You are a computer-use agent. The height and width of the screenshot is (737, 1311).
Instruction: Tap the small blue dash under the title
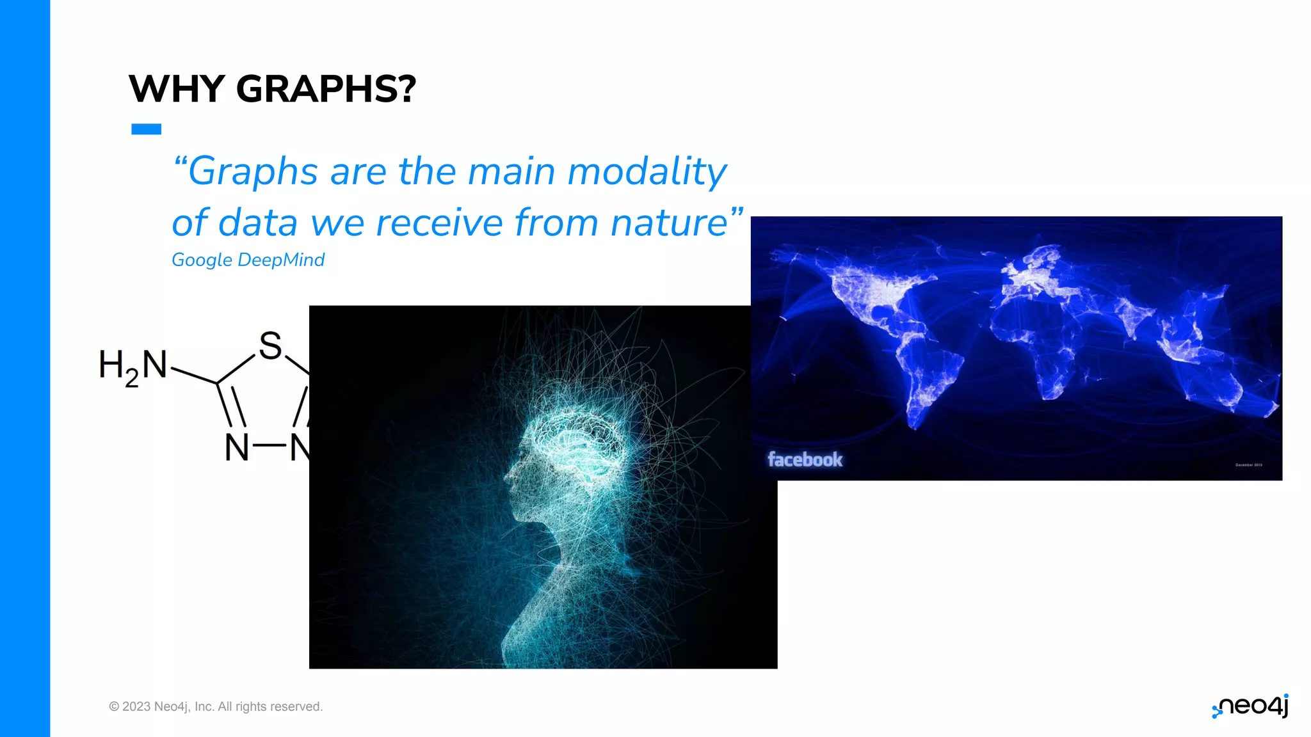pos(146,129)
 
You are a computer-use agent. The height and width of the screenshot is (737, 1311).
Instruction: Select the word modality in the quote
pos(647,172)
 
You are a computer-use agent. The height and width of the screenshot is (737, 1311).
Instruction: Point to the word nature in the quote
pos(669,223)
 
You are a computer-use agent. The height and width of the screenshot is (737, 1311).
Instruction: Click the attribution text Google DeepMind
pos(248,260)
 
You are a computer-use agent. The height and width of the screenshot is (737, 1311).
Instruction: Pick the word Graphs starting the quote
pos(252,172)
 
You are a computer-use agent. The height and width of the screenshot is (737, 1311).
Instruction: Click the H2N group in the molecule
pos(133,367)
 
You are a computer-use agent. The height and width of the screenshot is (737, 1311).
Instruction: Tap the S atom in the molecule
pos(270,346)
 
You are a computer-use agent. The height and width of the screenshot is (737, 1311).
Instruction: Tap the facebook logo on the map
pos(805,459)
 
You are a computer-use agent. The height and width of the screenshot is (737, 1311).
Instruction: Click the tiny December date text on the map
pos(1248,465)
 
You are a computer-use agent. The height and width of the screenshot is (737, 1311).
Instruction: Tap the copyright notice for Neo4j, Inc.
pos(216,706)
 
